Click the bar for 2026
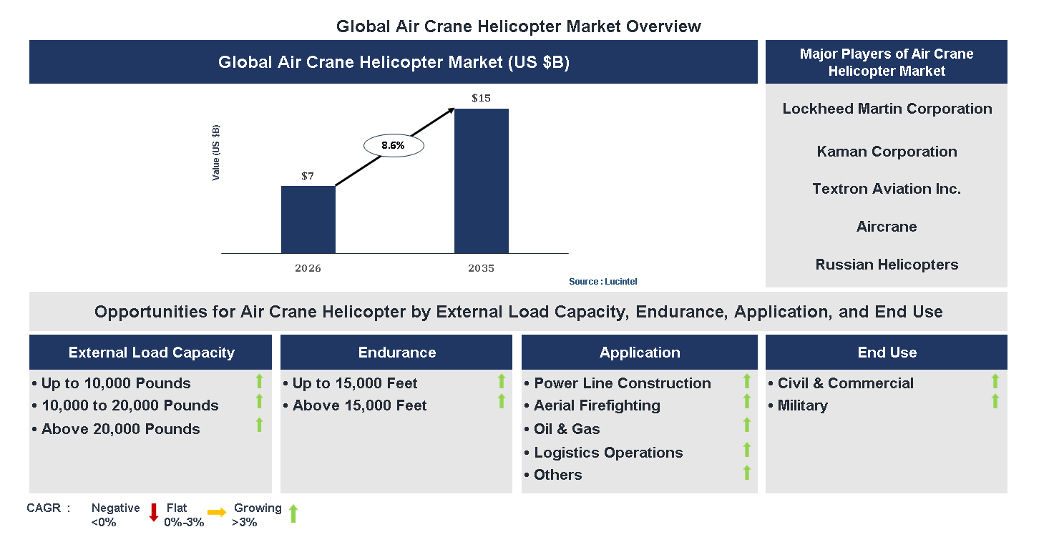point(308,220)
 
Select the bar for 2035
point(481,181)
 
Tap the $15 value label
point(481,98)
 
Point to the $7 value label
point(307,176)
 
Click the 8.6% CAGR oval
point(394,145)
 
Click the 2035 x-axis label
point(481,269)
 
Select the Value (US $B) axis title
point(216,152)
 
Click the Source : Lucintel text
point(602,282)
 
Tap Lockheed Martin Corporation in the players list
point(887,109)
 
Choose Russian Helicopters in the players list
point(887,265)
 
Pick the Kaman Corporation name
point(887,152)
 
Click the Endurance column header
point(396,353)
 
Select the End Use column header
point(887,353)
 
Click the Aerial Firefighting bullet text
point(597,405)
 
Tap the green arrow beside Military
point(995,401)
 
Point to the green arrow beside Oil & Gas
point(746,425)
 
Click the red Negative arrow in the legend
point(153,513)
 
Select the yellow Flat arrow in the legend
point(217,512)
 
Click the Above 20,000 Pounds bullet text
point(120,429)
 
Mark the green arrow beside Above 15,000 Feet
point(501,401)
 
